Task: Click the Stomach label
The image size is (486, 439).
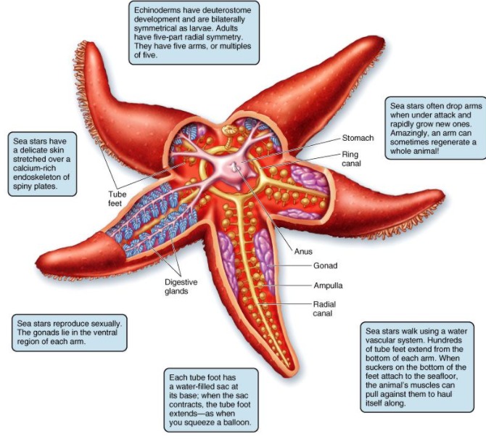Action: (x=358, y=137)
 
